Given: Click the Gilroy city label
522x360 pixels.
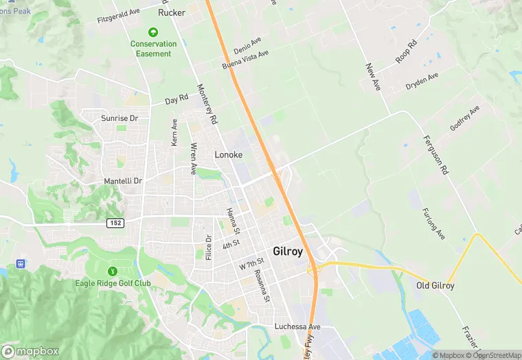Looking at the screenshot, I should tap(288, 251).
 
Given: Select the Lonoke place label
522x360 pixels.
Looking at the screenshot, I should tap(228, 155).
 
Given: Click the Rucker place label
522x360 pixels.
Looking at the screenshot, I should tap(172, 12).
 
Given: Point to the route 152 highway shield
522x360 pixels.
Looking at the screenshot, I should tap(115, 223).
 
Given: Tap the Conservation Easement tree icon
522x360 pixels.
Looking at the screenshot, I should tap(153, 32).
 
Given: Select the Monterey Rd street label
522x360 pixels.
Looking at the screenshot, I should tap(207, 104).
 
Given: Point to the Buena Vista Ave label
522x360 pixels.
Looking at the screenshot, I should tap(245, 60).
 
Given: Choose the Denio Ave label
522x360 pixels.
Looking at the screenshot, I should tap(247, 46).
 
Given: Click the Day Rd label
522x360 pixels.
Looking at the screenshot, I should tap(177, 100).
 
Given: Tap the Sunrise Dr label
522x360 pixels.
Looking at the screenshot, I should tap(120, 118).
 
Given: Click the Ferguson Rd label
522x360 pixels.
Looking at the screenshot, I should tap(435, 155).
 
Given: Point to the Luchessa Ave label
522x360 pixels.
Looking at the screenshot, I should tap(297, 326).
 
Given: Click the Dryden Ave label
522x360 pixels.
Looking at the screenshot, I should tap(422, 81).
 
